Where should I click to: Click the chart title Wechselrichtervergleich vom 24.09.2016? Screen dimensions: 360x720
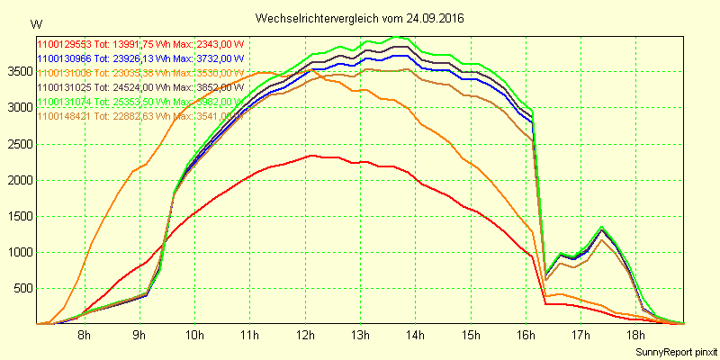click(360, 18)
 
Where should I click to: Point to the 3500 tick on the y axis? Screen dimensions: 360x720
click(18, 72)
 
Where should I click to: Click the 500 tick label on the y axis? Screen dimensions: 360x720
click(22, 288)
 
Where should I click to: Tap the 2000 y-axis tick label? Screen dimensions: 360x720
click(18, 180)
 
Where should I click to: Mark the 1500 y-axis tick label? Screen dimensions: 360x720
click(18, 216)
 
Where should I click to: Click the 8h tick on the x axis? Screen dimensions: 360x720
click(84, 335)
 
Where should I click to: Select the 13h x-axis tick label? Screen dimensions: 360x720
click(360, 335)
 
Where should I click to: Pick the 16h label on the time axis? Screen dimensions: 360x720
click(526, 335)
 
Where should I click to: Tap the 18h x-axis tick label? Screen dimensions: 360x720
click(636, 335)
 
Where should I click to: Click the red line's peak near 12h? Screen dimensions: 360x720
click(311, 156)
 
